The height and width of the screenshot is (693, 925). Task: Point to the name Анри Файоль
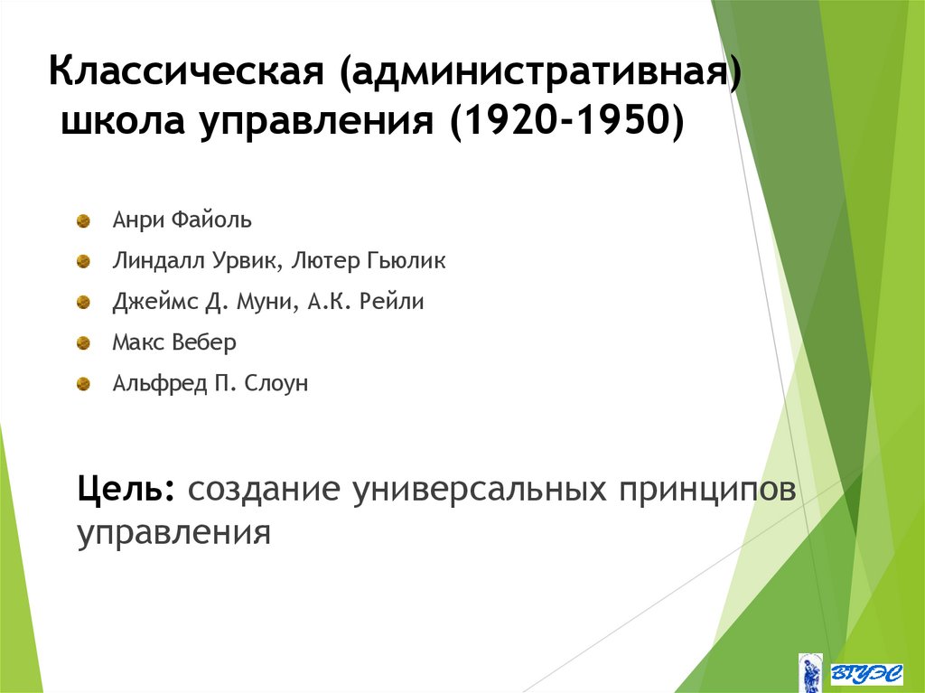(182, 220)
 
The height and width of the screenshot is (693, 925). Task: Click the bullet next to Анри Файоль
(83, 220)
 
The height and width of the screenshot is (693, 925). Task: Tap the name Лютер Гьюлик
(370, 261)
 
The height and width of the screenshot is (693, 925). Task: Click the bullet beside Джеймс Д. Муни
(83, 302)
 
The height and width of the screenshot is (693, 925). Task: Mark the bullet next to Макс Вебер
(83, 343)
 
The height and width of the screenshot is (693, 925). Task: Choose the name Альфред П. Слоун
(210, 384)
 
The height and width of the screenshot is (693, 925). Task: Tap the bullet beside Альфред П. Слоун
(83, 384)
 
